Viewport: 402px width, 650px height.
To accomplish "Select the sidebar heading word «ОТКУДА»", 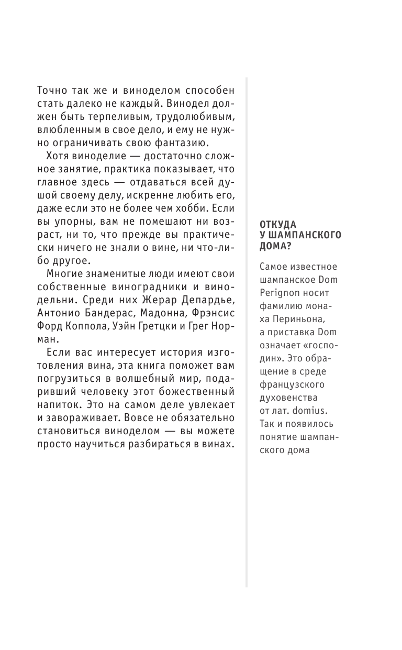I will [x=278, y=224].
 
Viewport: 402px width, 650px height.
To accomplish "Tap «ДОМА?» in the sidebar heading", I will [x=275, y=246].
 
